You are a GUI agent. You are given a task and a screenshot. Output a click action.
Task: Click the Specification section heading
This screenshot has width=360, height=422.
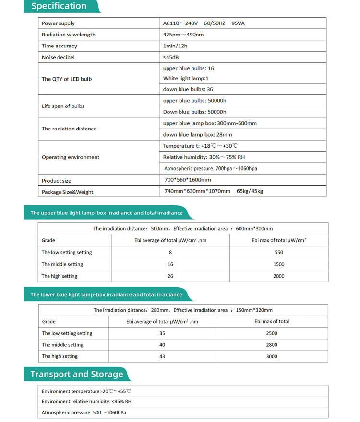coord(59,6)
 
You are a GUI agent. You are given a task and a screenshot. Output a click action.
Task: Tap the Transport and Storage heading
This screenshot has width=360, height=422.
coord(77,374)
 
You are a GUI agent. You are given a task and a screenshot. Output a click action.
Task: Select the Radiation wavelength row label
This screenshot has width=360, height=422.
coord(68,35)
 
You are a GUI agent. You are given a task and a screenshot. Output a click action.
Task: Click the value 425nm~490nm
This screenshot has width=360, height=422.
coord(183,35)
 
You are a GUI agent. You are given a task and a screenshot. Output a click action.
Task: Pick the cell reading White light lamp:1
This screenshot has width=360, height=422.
coord(186,78)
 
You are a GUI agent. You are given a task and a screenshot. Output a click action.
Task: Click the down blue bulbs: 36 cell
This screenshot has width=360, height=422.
coord(188,89)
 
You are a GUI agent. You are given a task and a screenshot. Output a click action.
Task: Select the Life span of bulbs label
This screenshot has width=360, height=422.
coord(63,106)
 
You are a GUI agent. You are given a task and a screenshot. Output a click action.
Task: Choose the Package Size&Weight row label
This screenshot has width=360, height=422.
coord(67,192)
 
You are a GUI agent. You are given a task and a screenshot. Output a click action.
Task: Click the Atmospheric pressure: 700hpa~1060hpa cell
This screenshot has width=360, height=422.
coord(211,168)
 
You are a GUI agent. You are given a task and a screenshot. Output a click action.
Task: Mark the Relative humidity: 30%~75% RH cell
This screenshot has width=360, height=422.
coord(204,157)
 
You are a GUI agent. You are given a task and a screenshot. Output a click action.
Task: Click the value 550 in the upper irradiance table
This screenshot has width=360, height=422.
coord(279,252)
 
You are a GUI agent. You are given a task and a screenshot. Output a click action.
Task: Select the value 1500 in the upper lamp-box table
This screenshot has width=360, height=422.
coord(279,264)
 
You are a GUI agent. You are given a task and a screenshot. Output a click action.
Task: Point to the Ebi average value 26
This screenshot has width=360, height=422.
coord(170,276)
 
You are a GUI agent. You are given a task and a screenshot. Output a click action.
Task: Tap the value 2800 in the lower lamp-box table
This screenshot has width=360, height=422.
coord(272,345)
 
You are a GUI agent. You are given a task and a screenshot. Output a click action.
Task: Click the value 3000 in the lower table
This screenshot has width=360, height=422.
coord(272,356)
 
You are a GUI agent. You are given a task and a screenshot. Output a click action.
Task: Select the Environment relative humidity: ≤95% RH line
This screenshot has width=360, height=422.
coord(86,402)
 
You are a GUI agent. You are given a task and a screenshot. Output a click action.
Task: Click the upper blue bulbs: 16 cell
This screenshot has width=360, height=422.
coord(189,68)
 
